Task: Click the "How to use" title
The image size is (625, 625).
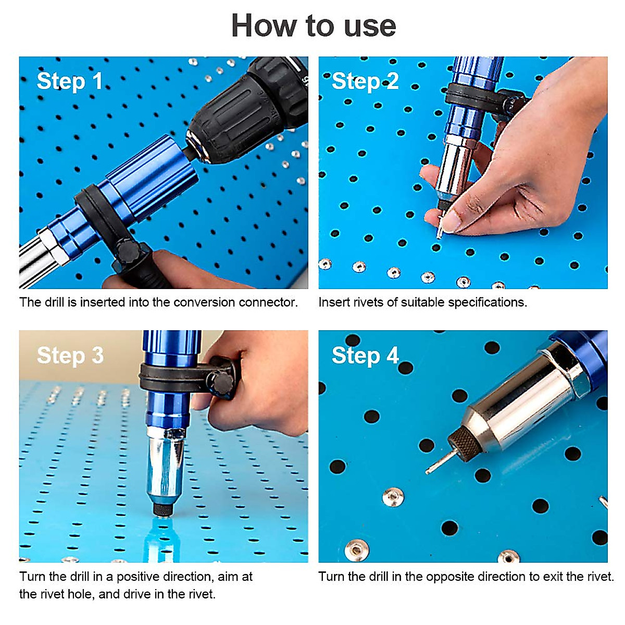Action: pos(314,26)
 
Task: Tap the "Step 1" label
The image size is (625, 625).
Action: pos(69,81)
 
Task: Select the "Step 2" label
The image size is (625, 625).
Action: pos(365,81)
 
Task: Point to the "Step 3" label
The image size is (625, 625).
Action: pos(70,356)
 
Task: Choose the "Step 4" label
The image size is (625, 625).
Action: pos(365,356)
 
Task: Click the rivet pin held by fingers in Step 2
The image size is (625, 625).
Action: pos(440,228)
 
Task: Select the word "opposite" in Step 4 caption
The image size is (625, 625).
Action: pos(447,577)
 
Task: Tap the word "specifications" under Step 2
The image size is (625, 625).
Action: pos(488,302)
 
